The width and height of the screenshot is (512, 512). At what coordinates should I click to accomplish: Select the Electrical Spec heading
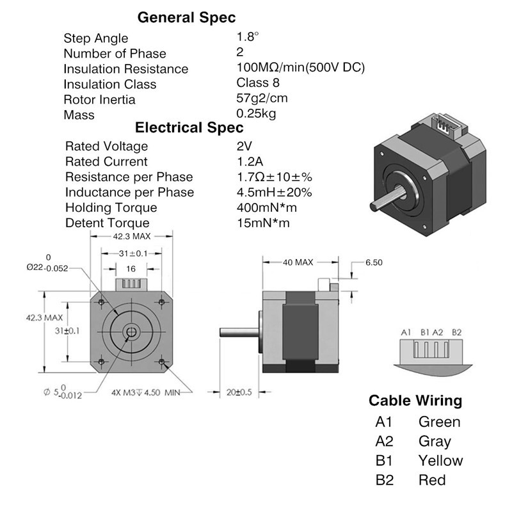click(189, 127)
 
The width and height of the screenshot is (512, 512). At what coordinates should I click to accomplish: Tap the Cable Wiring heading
click(415, 401)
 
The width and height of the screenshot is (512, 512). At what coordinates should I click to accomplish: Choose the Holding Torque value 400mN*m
click(266, 207)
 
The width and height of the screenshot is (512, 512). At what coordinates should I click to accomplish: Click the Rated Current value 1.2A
click(250, 161)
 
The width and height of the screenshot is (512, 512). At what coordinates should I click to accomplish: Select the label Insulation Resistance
click(126, 69)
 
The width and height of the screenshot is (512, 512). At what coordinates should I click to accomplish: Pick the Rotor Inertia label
click(99, 100)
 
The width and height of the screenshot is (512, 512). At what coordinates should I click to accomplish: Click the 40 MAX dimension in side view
click(299, 262)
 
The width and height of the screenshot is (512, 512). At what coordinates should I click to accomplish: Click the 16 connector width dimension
click(131, 269)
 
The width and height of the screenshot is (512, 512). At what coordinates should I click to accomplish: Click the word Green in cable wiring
click(439, 422)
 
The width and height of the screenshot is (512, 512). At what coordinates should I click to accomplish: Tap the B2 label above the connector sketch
click(456, 332)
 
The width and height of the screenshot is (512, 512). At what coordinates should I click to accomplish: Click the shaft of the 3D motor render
click(383, 201)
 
